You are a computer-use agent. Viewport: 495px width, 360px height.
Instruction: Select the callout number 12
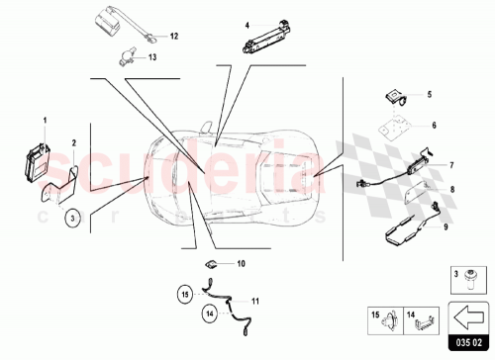[174, 36]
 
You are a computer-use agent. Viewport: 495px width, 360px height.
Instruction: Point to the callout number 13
[153, 57]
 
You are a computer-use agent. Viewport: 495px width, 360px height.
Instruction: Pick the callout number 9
[445, 226]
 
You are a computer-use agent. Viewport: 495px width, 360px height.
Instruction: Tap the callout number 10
[241, 264]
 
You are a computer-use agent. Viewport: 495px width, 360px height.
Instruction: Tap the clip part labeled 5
[393, 95]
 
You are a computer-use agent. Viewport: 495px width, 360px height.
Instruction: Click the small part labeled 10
[211, 264]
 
